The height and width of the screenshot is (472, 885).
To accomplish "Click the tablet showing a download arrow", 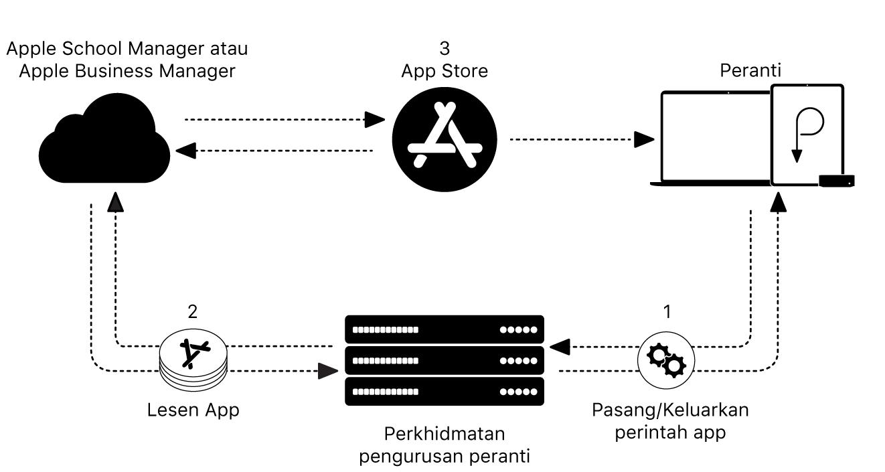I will click(x=807, y=134).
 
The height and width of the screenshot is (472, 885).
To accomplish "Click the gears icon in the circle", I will click(x=665, y=361).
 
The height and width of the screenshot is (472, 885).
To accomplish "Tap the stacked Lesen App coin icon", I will click(x=193, y=362).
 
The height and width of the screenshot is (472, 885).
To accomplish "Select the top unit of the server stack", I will click(x=445, y=330).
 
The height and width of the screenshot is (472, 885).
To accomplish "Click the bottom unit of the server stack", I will click(x=445, y=391).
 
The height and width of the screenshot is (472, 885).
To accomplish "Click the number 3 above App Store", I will click(x=445, y=48).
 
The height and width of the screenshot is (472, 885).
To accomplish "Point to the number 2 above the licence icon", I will click(x=193, y=311).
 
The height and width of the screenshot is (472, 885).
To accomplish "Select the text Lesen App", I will click(x=193, y=410).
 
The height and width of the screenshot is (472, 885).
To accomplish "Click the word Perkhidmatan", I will click(x=445, y=434).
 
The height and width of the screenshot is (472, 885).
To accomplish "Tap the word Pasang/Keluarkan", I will click(x=670, y=410).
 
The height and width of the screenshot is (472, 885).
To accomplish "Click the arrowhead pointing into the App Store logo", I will click(x=376, y=121).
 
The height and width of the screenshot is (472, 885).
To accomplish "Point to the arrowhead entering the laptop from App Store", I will click(x=644, y=139).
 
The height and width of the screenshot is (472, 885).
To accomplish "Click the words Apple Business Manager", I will click(x=127, y=71).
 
